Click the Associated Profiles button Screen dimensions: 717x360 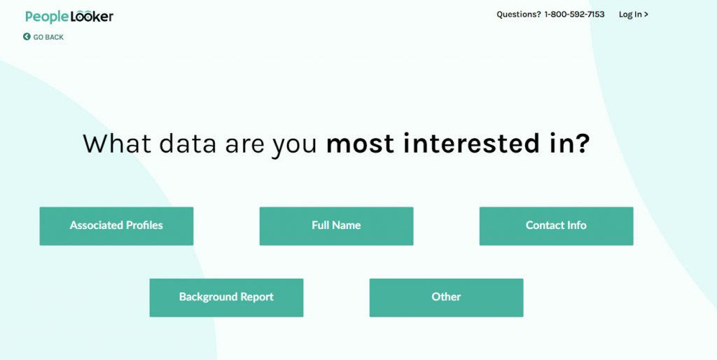click(117, 226)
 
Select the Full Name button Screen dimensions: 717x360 click(337, 226)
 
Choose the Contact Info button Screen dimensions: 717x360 click(557, 226)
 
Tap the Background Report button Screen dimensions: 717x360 click(226, 298)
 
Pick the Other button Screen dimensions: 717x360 click(446, 298)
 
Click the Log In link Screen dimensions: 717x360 click(633, 15)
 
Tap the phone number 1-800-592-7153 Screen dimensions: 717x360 click(574, 15)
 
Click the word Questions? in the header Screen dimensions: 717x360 click(519, 15)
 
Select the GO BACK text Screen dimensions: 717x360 click(48, 37)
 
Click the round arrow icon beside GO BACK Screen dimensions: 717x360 click(27, 36)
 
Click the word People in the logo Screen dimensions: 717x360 click(47, 18)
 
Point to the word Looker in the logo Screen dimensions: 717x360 click(92, 17)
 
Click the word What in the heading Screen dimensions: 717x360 click(117, 143)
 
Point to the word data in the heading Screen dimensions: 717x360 click(188, 143)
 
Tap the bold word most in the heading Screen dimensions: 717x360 click(360, 144)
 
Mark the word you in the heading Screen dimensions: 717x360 click(295, 146)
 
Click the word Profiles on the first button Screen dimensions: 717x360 click(144, 225)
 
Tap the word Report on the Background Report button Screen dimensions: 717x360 click(257, 298)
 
